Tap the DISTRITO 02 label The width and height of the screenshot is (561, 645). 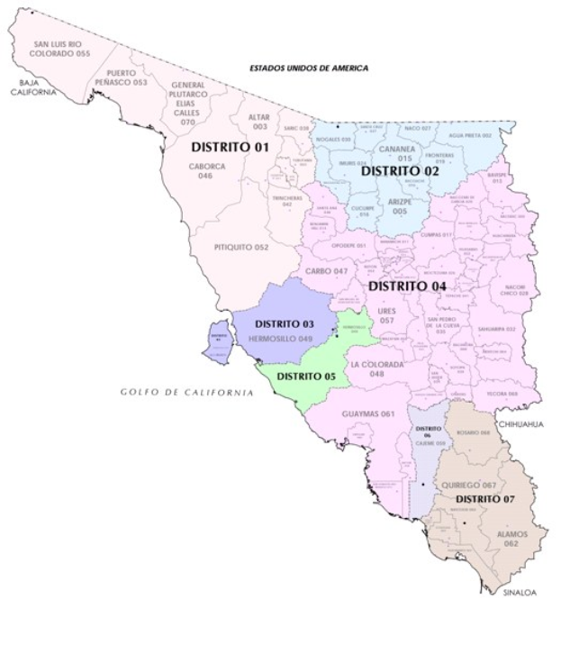coord(399,170)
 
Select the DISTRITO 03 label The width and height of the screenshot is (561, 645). coord(284,323)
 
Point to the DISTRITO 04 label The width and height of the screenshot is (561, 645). coord(406,286)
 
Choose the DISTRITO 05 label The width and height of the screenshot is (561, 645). coord(306,376)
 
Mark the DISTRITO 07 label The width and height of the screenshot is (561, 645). coord(484,497)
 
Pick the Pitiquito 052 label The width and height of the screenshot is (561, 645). coord(242,247)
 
